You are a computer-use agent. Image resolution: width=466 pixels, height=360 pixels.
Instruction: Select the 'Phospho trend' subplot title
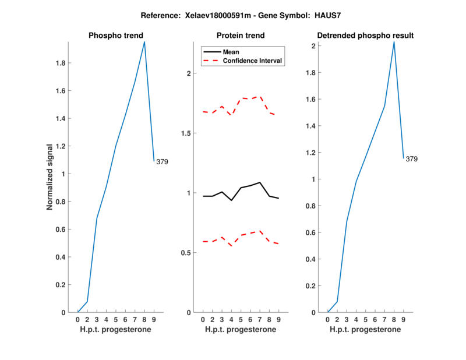click(x=115, y=36)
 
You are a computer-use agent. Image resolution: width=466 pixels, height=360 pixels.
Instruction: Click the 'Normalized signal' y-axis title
click(x=50, y=177)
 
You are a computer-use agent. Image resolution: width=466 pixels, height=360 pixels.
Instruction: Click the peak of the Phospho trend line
click(x=144, y=41)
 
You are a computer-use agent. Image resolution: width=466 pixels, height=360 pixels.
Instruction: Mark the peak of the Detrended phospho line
click(x=394, y=41)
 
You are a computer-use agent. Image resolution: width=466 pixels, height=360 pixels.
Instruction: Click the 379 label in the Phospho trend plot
click(x=162, y=162)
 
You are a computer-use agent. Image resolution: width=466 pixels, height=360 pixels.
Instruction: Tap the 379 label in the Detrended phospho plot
click(x=411, y=158)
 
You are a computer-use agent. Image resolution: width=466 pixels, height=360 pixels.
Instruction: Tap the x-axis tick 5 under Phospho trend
click(x=116, y=319)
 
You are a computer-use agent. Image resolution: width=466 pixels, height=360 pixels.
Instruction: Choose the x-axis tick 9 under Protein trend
click(x=278, y=319)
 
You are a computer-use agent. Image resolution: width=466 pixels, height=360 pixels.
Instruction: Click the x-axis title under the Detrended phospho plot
click(x=365, y=329)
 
